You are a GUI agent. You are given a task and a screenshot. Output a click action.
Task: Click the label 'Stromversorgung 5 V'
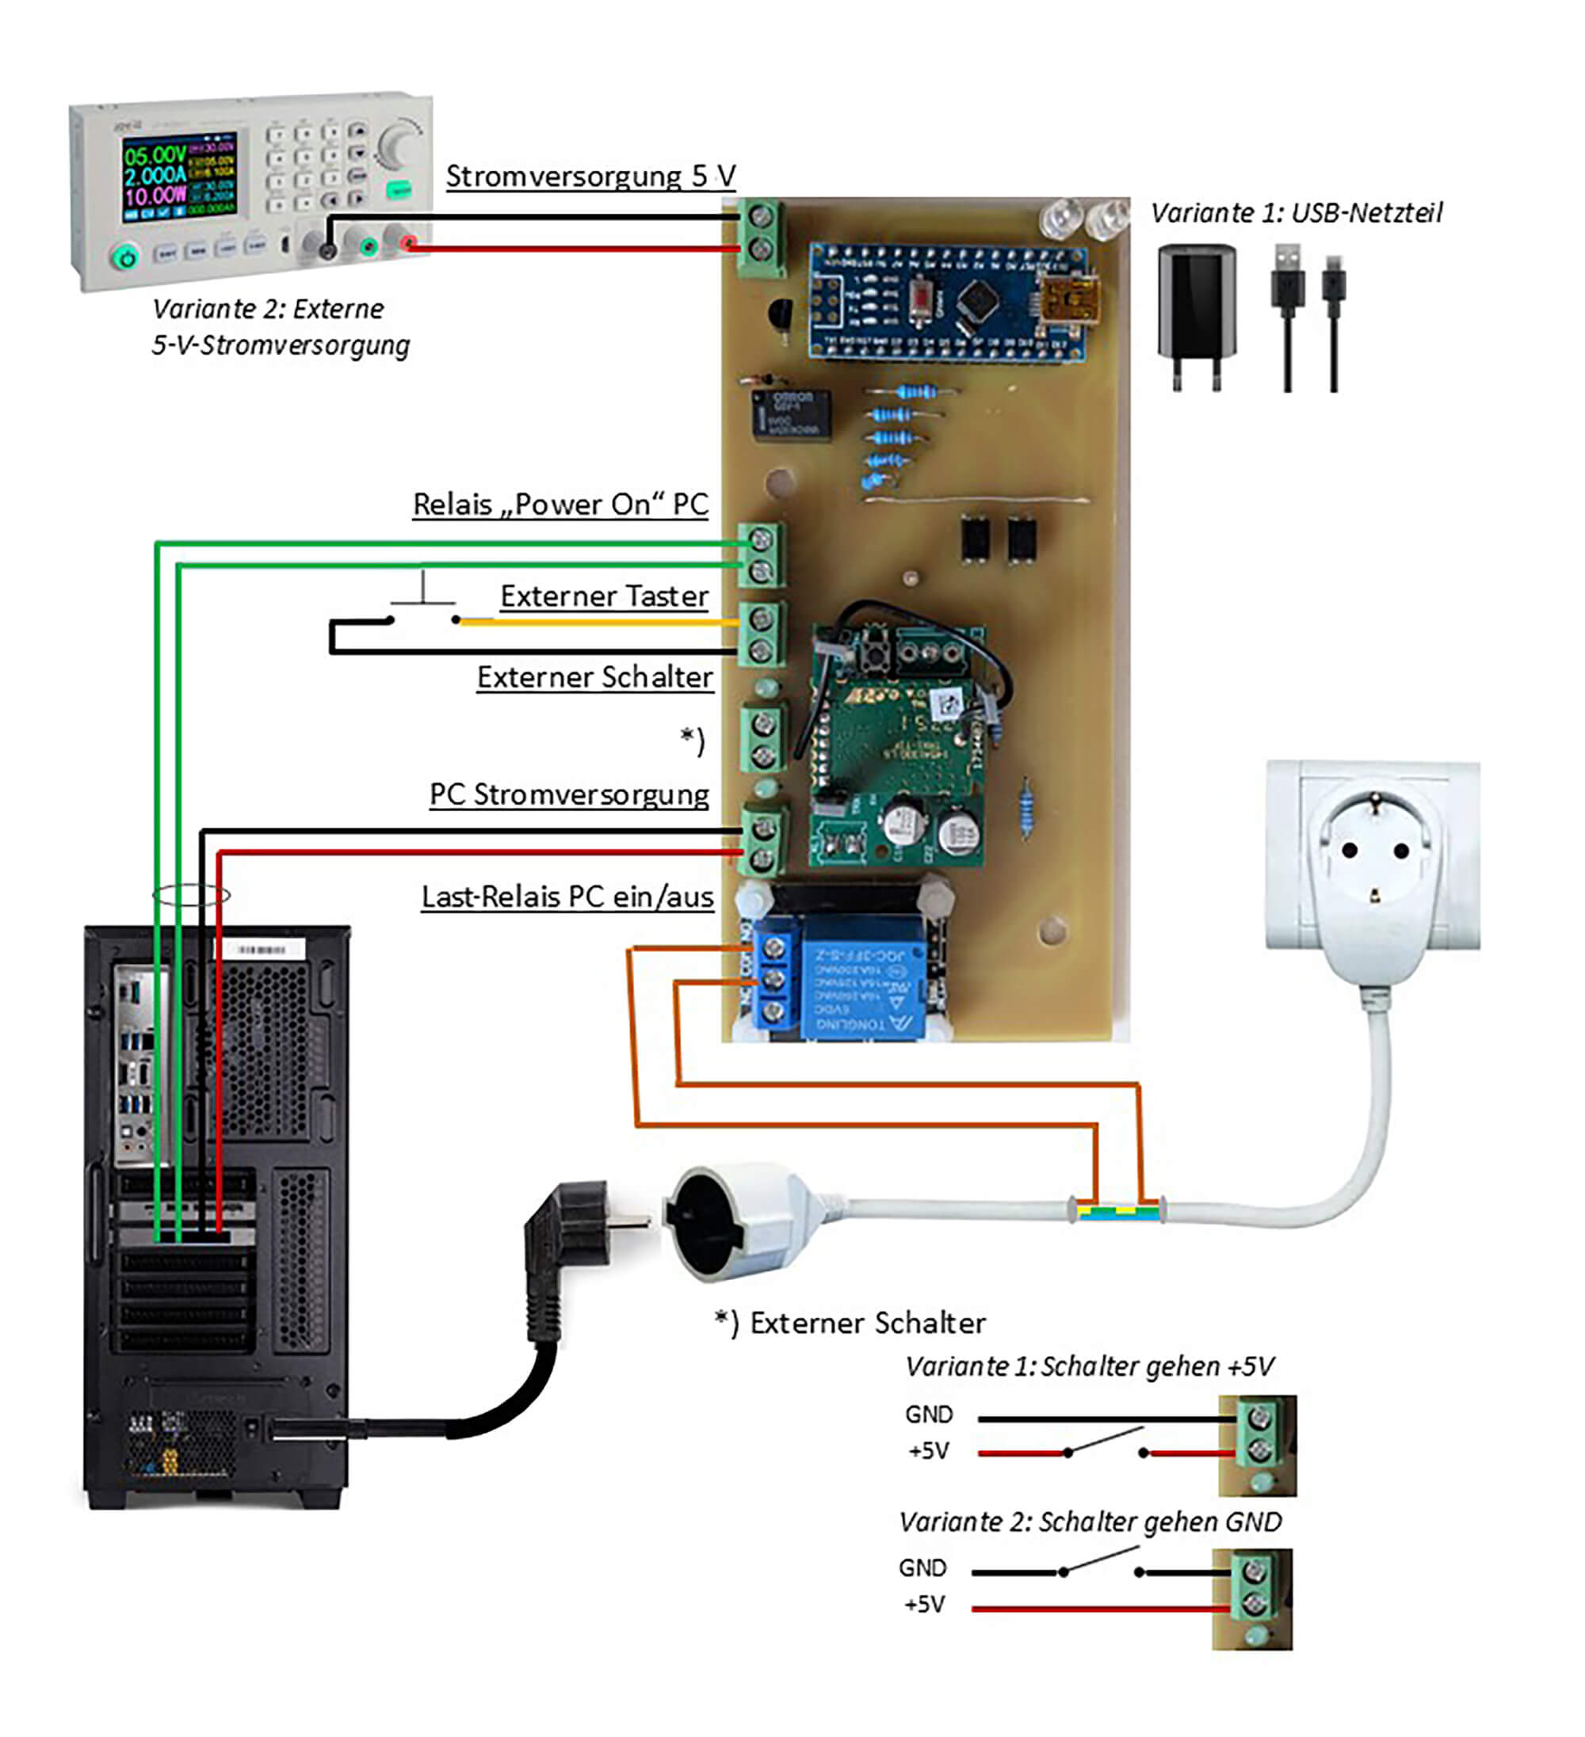click(590, 176)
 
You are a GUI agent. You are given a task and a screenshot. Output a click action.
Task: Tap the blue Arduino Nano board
click(948, 302)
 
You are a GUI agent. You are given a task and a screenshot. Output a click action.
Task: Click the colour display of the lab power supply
click(178, 177)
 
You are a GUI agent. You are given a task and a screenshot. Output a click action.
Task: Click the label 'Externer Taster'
click(604, 596)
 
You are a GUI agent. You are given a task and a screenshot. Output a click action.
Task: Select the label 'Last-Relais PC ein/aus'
click(567, 897)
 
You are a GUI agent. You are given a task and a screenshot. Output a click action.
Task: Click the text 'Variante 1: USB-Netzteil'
click(1297, 213)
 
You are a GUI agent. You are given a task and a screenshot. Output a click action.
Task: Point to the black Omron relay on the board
click(791, 414)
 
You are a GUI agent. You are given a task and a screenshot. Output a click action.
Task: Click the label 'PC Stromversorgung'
click(569, 794)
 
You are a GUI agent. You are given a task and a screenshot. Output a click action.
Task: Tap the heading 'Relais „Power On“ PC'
click(560, 505)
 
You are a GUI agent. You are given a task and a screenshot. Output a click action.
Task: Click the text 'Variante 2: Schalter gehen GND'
click(1090, 1522)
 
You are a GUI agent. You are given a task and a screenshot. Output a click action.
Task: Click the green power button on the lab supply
click(126, 256)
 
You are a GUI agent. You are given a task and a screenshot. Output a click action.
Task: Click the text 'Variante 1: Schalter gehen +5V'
click(1090, 1367)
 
